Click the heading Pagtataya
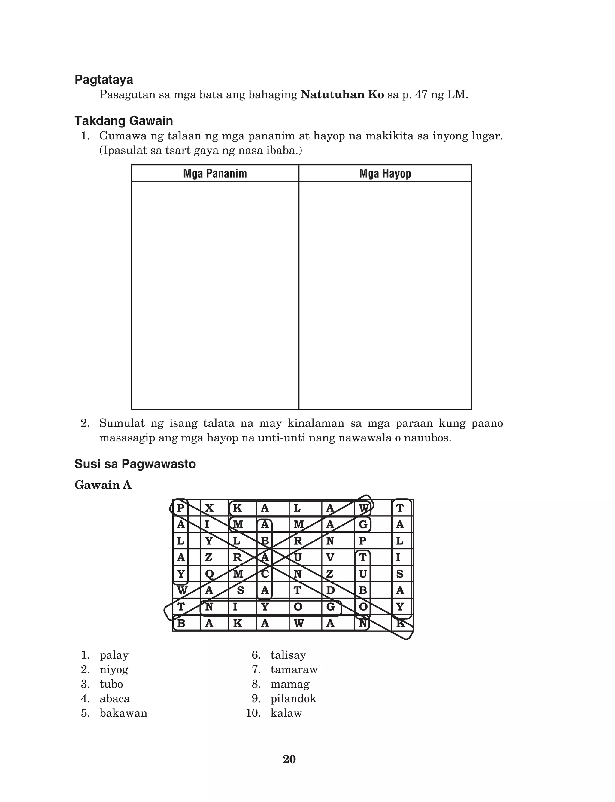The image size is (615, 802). pos(104,79)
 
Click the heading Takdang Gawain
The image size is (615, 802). pos(123,120)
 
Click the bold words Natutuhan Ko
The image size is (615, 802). pos(342,95)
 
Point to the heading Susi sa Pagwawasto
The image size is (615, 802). pos(135,464)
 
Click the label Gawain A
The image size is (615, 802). pos(103,485)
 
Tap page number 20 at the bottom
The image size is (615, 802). pos(289,760)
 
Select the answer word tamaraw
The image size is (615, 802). pos(294,670)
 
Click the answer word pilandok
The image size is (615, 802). pos(293,699)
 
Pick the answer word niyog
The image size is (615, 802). pos(114,670)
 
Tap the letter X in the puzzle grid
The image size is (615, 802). pos(209,508)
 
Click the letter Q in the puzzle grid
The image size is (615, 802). pos(209,574)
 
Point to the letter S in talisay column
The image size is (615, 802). pos(400,574)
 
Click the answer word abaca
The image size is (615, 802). pos(115,699)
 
